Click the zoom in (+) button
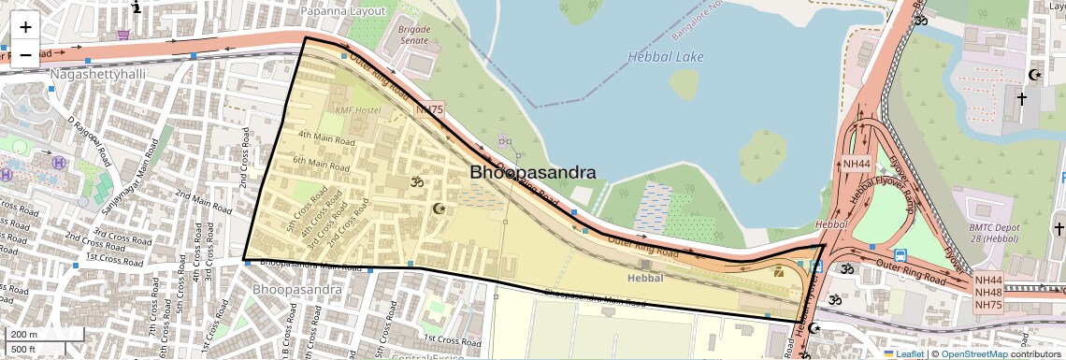pyautogui.click(x=25, y=26)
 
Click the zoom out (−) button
pyautogui.click(x=25, y=54)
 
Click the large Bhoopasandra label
pyautogui.click(x=533, y=173)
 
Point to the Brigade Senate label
pyautogui.click(x=414, y=35)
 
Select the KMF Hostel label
pyautogui.click(x=358, y=110)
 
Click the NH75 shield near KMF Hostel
pyautogui.click(x=429, y=110)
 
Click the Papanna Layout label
pyautogui.click(x=342, y=10)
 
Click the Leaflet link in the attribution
pyautogui.click(x=904, y=353)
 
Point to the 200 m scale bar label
pyautogui.click(x=24, y=335)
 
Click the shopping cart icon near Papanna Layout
pyautogui.click(x=123, y=36)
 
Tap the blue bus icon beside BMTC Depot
pyautogui.click(x=900, y=255)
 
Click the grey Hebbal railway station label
pyautogui.click(x=644, y=278)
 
